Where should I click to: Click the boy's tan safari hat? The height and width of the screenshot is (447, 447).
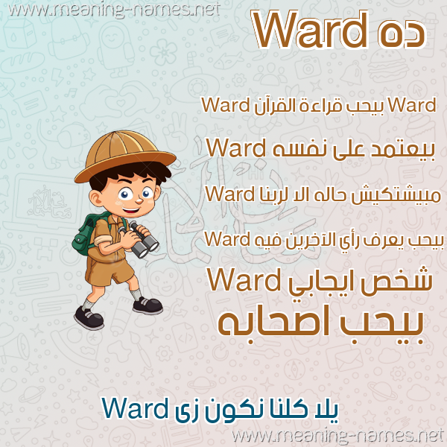[x=125, y=156]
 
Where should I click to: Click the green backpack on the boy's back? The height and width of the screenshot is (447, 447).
[x=86, y=234]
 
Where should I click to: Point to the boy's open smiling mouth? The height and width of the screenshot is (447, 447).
[x=131, y=211]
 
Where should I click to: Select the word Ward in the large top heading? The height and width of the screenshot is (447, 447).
[x=311, y=29]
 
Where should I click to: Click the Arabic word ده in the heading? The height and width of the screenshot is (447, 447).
[x=402, y=34]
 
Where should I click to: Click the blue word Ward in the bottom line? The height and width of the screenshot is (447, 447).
[x=135, y=408]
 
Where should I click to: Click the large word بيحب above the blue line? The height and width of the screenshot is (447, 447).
[x=380, y=326]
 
